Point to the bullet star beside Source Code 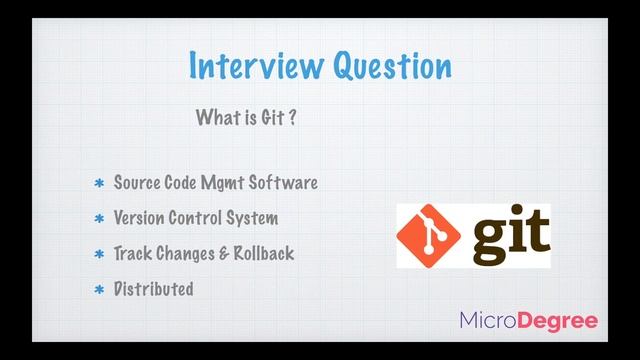(x=99, y=184)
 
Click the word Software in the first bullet (x=285, y=183)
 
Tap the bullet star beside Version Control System (x=99, y=219)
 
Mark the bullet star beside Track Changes (x=99, y=255)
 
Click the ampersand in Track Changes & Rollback (x=224, y=254)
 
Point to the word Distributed (x=153, y=289)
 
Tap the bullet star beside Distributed (x=99, y=291)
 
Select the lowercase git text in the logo (x=501, y=235)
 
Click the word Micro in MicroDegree (x=492, y=321)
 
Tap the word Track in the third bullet (x=133, y=253)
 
